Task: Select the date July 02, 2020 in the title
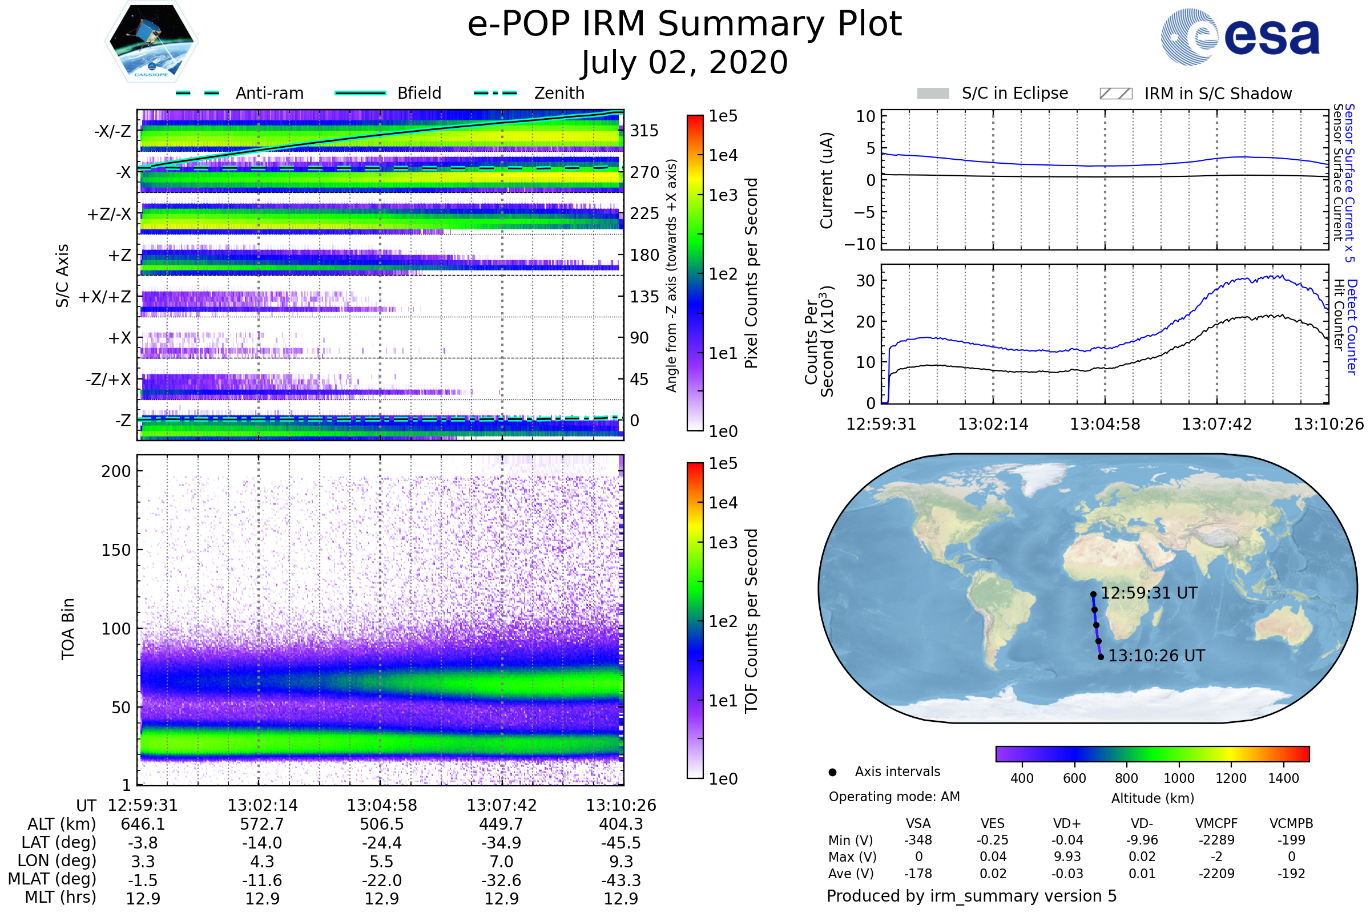click(x=684, y=63)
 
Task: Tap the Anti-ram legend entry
click(x=269, y=93)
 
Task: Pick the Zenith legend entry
click(x=559, y=93)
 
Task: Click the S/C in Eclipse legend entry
click(x=1014, y=93)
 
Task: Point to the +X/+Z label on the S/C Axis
click(x=105, y=297)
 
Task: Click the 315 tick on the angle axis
click(x=644, y=131)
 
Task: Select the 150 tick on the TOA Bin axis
click(x=116, y=550)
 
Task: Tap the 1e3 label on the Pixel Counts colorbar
click(x=723, y=195)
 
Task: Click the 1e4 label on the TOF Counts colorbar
click(x=723, y=503)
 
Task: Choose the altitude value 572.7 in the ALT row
click(x=262, y=825)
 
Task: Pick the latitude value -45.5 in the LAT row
click(x=621, y=843)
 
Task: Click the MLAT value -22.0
click(x=381, y=880)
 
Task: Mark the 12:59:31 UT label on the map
click(x=1149, y=593)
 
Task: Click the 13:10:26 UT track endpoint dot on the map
click(x=1101, y=657)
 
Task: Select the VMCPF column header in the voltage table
click(x=1216, y=824)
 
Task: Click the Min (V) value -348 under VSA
click(x=918, y=840)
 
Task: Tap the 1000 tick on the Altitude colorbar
click(x=1179, y=778)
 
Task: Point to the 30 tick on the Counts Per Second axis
click(x=865, y=281)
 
